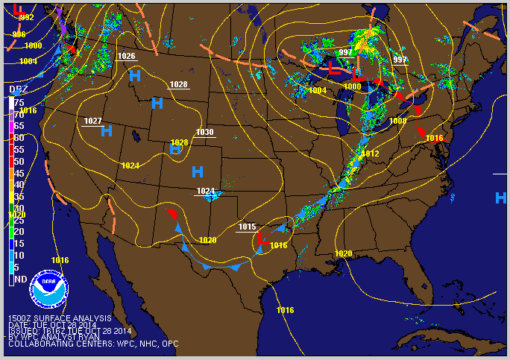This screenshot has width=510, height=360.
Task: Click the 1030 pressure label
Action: point(205,133)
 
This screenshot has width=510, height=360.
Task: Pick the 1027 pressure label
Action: point(93,121)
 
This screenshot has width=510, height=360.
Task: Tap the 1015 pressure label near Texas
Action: point(248,227)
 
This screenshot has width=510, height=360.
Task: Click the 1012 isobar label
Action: point(371,154)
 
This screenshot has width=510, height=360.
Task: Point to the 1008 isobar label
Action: point(397,121)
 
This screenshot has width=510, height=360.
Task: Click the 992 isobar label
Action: point(26,17)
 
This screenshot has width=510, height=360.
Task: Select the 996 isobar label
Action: point(19,35)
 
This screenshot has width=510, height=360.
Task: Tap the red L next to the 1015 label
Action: point(262,239)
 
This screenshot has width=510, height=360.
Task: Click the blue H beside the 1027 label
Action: point(107,131)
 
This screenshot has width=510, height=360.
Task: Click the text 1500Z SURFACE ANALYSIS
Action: point(60,318)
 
